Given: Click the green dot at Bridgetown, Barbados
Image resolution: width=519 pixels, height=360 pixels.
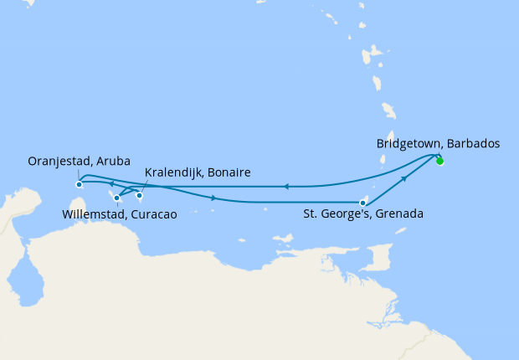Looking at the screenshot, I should click(x=439, y=161).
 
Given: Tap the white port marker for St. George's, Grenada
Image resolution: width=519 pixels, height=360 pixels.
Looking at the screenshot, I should click(x=362, y=202).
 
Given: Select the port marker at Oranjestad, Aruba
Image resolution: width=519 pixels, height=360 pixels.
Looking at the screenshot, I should click(x=79, y=184).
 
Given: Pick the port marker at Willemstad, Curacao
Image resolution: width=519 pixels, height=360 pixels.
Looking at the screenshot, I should click(x=117, y=198).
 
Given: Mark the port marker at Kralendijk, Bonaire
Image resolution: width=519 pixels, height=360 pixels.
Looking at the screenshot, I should click(x=140, y=195).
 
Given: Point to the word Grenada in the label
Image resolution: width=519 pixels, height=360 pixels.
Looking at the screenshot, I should click(x=400, y=213).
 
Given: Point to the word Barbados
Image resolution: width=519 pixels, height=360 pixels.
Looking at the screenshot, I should click(x=473, y=144).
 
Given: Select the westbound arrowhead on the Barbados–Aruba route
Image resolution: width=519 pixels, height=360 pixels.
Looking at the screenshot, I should click(x=285, y=187).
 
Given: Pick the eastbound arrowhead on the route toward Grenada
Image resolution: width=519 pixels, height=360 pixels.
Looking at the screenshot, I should click(x=216, y=198).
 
